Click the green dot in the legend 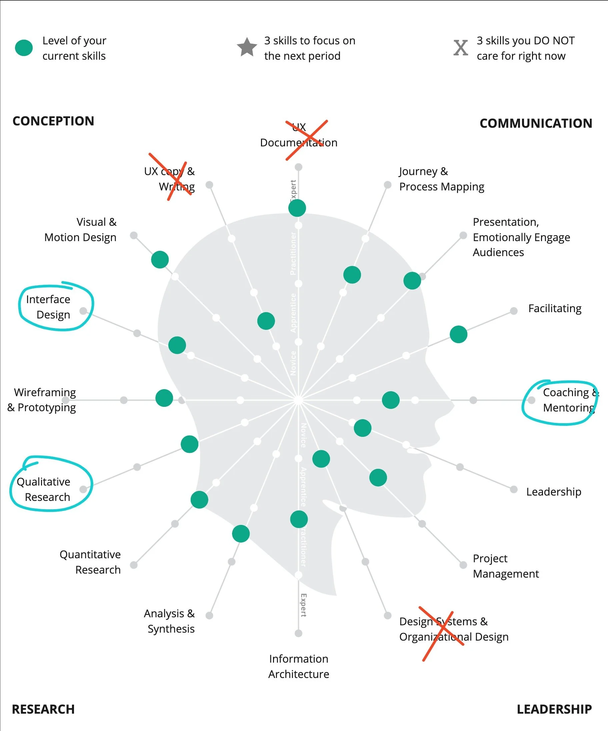point(24,48)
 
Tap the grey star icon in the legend point(247,47)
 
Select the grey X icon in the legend point(460,48)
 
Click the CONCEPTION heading point(53,121)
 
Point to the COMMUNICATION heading point(536,123)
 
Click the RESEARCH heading point(43,709)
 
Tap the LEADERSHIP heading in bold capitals point(554,709)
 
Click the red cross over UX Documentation point(306,140)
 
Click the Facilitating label point(554,308)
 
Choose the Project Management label point(505,566)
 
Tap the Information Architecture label point(299,666)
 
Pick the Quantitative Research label point(90,562)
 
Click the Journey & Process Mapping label point(441,179)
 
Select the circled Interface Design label point(49,307)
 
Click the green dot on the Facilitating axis point(458,334)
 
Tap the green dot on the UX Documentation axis point(297,208)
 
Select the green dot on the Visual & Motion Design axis point(160,259)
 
